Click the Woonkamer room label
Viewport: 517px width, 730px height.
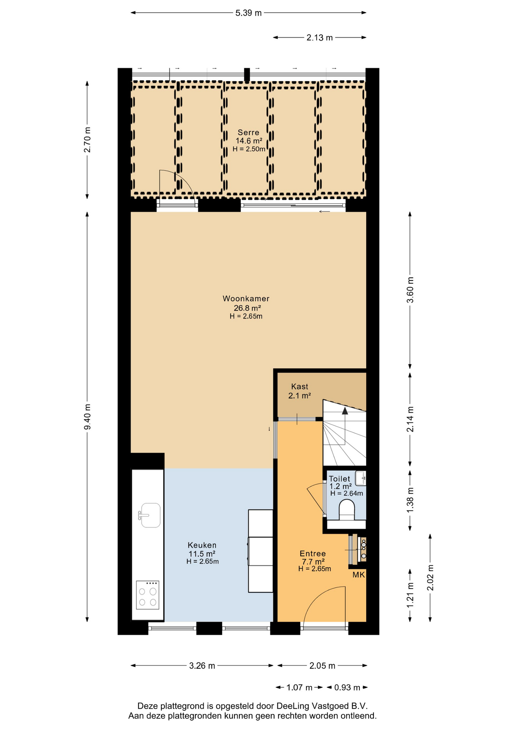tap(246, 298)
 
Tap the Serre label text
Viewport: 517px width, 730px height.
tap(248, 132)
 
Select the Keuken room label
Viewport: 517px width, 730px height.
tap(202, 545)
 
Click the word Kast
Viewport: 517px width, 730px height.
tap(300, 386)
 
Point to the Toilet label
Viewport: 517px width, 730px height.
tap(339, 479)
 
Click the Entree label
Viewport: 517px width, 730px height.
tap(313, 554)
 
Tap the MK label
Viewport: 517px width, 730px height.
tap(359, 575)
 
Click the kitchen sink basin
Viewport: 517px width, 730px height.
tap(150, 515)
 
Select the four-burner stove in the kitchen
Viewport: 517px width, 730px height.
tap(147, 595)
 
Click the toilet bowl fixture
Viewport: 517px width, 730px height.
tap(346, 510)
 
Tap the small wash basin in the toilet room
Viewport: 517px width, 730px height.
tap(361, 478)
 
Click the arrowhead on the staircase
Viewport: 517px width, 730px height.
tap(345, 410)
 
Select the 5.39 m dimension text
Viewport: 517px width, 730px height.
tap(249, 13)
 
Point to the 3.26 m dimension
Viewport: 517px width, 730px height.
tap(202, 666)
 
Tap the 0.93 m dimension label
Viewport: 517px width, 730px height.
tap(347, 687)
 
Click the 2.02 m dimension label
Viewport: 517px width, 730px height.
tap(430, 578)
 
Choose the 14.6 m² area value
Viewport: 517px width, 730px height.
tap(249, 141)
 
